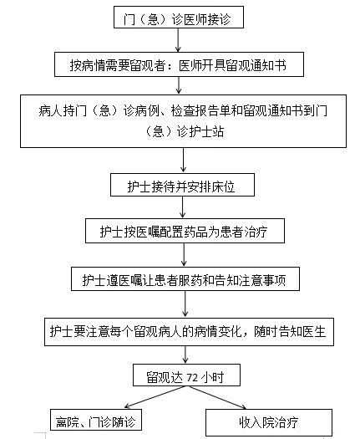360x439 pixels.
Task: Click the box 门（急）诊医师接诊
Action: (179, 17)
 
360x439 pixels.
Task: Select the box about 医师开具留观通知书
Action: (179, 64)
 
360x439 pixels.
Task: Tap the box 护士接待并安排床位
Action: (182, 185)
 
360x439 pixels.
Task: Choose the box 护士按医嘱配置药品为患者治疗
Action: (185, 231)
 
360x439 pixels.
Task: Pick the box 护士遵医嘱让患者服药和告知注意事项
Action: (185, 278)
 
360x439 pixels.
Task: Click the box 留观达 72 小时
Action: (186, 375)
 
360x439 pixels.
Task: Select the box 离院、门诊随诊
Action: (96, 420)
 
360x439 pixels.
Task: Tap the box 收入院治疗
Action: (269, 422)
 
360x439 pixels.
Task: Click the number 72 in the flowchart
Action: (192, 378)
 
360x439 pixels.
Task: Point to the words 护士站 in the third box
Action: (206, 131)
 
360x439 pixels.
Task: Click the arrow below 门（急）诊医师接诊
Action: (178, 40)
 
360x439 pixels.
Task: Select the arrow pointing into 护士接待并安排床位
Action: (183, 161)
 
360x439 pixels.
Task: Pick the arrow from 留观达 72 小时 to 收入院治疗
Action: (217, 397)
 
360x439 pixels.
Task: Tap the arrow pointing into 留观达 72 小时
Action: (185, 355)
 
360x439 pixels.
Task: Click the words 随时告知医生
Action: (290, 331)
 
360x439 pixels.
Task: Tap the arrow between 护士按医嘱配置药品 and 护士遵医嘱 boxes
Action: (184, 255)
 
